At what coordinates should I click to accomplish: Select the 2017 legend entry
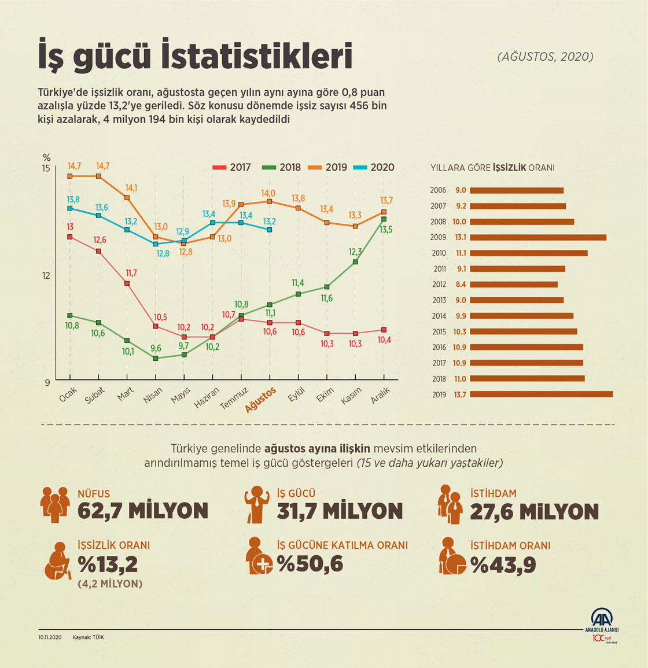233,167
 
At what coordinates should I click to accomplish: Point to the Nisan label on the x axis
153,396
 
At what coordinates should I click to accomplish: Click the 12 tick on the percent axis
46,275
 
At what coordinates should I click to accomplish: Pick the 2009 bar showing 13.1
538,237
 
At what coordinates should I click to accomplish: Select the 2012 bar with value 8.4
514,285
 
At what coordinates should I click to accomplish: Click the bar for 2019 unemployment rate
541,394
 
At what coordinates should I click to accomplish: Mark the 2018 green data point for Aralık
384,219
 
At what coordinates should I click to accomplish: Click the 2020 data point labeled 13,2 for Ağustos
270,230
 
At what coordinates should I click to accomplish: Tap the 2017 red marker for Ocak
70,237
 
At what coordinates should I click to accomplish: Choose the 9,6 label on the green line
156,348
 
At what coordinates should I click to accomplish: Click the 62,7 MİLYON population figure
143,511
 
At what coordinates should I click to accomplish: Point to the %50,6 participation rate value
310,563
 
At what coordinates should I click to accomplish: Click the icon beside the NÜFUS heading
55,503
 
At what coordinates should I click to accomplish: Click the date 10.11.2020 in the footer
50,637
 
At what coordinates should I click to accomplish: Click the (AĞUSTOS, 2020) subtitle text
544,57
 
